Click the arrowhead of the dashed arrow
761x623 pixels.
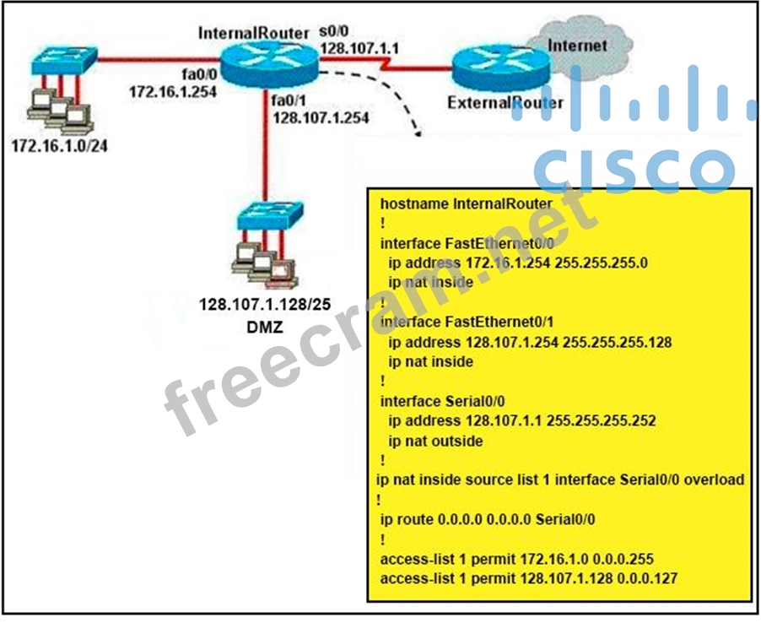pyautogui.click(x=417, y=129)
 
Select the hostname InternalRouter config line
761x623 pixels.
pyautogui.click(x=466, y=203)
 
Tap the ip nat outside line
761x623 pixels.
pyautogui.click(x=435, y=441)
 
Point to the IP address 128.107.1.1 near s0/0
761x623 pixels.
pyautogui.click(x=359, y=48)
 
